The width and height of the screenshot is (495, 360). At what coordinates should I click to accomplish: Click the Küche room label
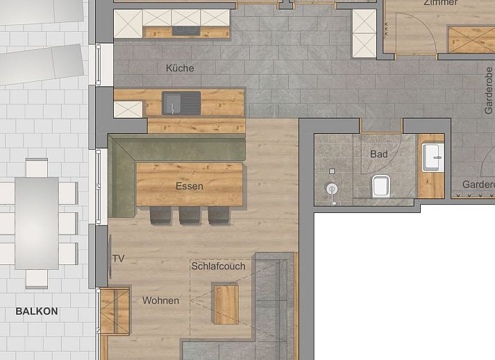(x=180, y=68)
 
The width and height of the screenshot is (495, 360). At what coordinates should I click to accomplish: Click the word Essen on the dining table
(x=189, y=186)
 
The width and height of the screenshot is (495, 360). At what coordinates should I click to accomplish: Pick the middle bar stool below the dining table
(x=190, y=215)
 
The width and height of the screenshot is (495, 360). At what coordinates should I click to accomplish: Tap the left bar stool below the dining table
(x=161, y=215)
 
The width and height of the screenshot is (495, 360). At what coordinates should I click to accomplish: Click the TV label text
(x=118, y=259)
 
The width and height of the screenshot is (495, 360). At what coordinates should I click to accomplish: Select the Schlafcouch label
(x=218, y=266)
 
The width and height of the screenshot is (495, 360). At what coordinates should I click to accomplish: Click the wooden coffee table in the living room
(x=226, y=304)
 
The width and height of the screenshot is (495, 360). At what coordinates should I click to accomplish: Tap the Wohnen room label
(x=160, y=300)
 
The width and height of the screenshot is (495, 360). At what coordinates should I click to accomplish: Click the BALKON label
(x=37, y=311)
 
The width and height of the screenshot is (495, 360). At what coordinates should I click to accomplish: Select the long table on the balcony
(x=37, y=222)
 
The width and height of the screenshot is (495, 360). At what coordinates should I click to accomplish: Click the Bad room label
(x=378, y=154)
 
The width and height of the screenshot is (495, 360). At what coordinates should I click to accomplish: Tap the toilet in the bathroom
(x=381, y=186)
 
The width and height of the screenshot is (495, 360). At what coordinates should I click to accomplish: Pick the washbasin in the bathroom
(x=433, y=157)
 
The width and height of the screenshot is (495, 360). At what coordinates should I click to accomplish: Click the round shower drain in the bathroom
(x=333, y=188)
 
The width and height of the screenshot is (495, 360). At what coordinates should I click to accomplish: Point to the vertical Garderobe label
(x=488, y=90)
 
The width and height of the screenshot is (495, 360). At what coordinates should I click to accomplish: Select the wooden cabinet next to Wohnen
(x=115, y=311)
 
